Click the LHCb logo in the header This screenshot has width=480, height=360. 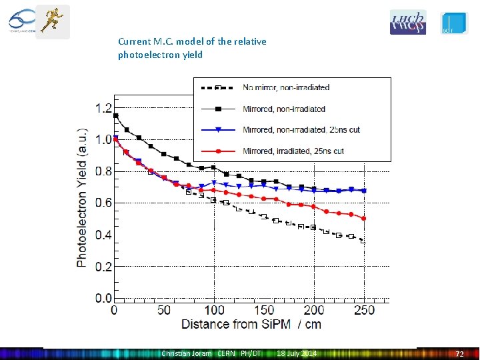pyautogui.click(x=407, y=22)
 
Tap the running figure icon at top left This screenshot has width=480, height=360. pyautogui.click(x=52, y=21)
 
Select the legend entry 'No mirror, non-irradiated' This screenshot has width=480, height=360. pyautogui.click(x=286, y=87)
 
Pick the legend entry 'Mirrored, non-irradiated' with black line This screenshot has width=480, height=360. pyautogui.click(x=284, y=109)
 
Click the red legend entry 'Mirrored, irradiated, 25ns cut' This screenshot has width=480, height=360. pyautogui.click(x=293, y=151)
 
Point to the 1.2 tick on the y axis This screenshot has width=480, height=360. pyautogui.click(x=103, y=108)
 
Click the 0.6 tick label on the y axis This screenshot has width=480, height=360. pyautogui.click(x=103, y=203)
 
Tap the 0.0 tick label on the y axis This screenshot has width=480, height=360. pyautogui.click(x=103, y=298)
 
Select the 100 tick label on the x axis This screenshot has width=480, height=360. pyautogui.click(x=214, y=311)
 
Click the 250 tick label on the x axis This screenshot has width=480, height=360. pyautogui.click(x=364, y=311)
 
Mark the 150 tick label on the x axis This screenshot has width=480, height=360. pyautogui.click(x=264, y=311)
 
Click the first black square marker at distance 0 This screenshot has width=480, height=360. pyautogui.click(x=115, y=116)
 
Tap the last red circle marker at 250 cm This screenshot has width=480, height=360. pyautogui.click(x=364, y=218)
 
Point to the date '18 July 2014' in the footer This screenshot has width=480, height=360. pyautogui.click(x=297, y=353)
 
